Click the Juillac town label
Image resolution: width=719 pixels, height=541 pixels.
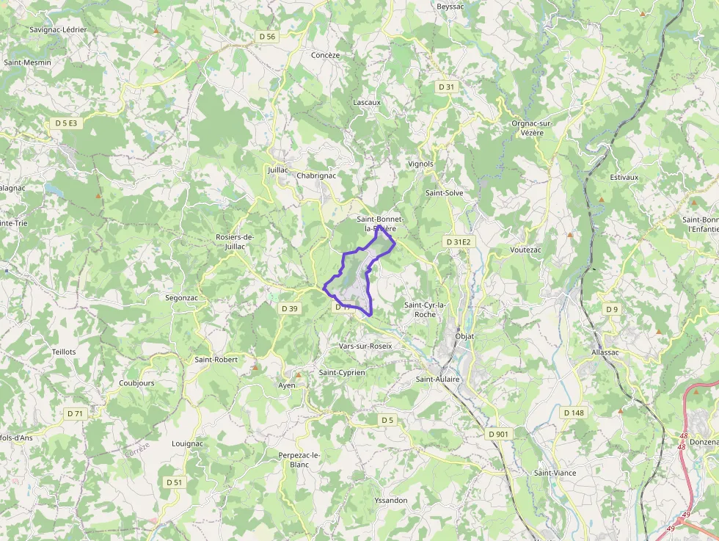click(x=278, y=170)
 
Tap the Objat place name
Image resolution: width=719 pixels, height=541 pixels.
click(x=464, y=336)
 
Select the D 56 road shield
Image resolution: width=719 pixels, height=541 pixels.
click(x=267, y=36)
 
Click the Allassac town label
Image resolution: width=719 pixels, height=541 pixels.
click(x=605, y=352)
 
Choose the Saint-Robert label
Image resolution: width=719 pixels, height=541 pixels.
click(x=216, y=360)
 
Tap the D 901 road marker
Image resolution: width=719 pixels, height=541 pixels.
click(x=498, y=434)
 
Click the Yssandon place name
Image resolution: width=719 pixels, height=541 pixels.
click(x=390, y=500)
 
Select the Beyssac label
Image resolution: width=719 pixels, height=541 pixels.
click(x=450, y=6)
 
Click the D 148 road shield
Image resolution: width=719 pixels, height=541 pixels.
click(x=574, y=413)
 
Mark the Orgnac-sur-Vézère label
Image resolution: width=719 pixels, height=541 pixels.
click(x=532, y=128)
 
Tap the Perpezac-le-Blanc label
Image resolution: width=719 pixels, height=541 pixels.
click(x=299, y=460)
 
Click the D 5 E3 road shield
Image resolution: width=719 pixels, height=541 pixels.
click(x=65, y=123)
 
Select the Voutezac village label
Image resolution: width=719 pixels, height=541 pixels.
click(x=525, y=250)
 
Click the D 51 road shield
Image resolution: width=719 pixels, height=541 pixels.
click(x=174, y=482)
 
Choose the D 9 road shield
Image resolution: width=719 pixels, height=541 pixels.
click(x=612, y=309)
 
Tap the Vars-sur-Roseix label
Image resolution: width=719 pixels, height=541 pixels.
click(x=365, y=346)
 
